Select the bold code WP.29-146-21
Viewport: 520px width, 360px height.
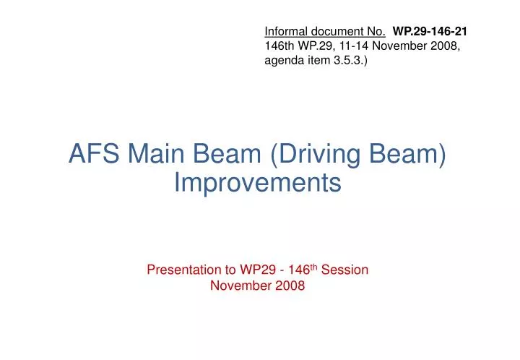[x=430, y=31]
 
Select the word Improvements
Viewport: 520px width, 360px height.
[x=258, y=183]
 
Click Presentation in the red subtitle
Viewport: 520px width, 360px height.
[x=183, y=270]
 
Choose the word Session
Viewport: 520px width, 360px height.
[x=345, y=270]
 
